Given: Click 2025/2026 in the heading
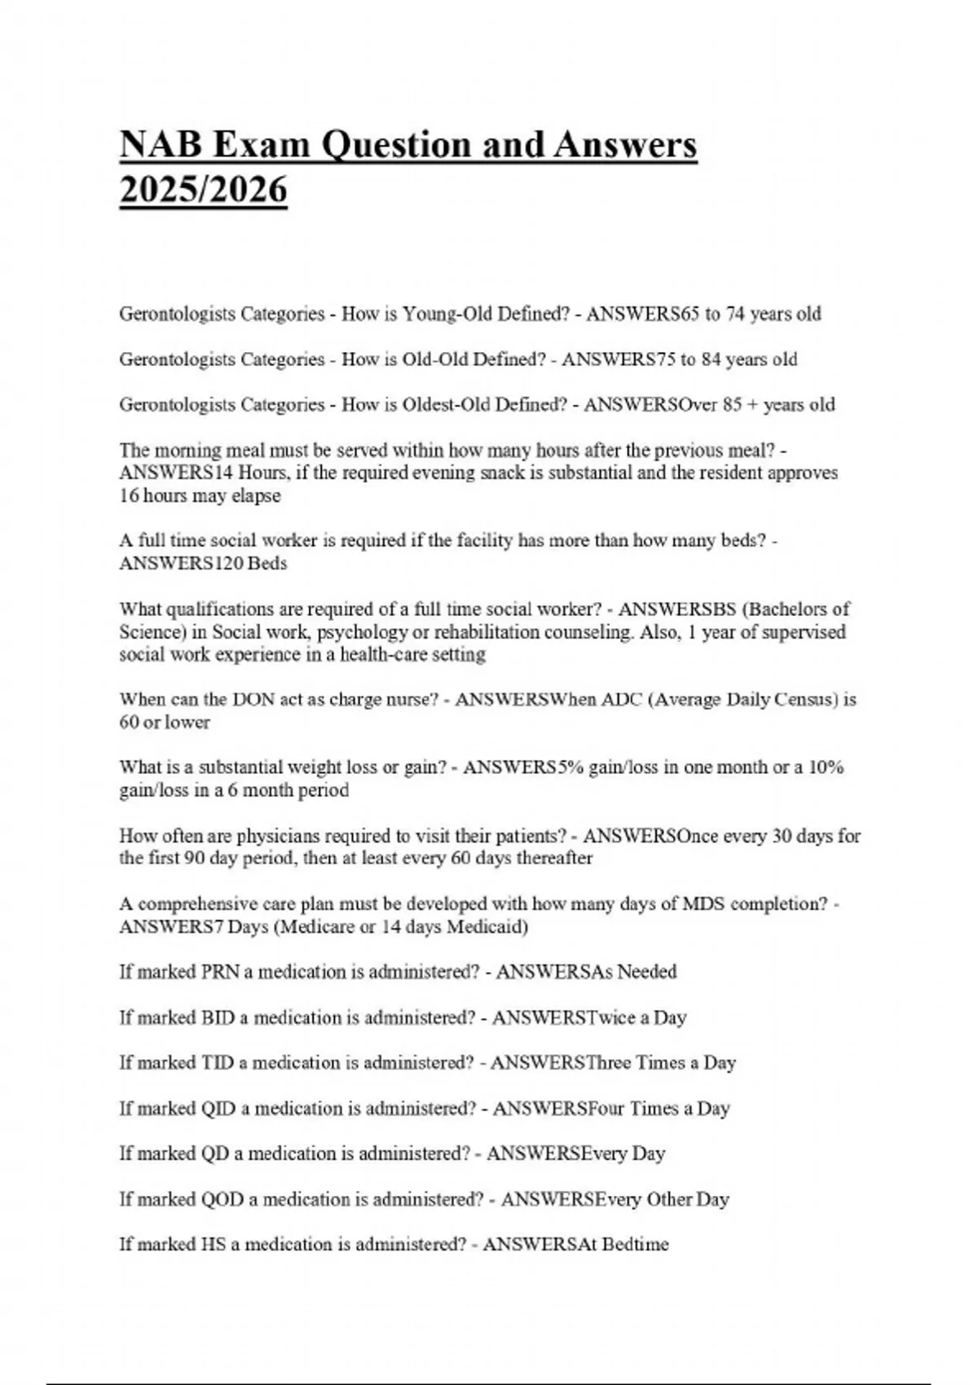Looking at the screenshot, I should point(203,191).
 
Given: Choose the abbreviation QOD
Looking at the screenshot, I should point(220,1199).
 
